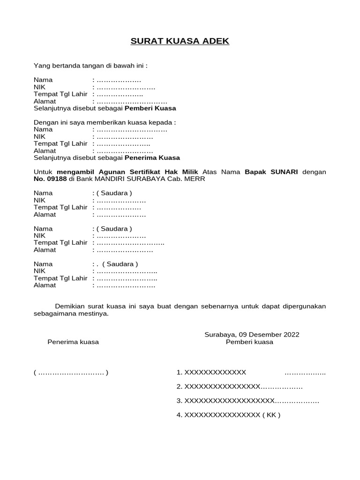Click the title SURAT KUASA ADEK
click(x=180, y=41)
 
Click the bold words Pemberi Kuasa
click(x=150, y=108)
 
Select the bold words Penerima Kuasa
click(x=152, y=158)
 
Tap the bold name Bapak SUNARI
click(x=271, y=172)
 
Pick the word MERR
click(x=196, y=179)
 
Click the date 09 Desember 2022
click(x=269, y=335)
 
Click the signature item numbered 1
click(x=211, y=373)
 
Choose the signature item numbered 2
click(x=218, y=387)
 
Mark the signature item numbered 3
click(x=225, y=401)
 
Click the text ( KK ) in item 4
click(x=271, y=415)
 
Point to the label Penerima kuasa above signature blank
click(x=73, y=342)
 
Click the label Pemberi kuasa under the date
click(x=249, y=342)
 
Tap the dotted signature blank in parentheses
click(x=71, y=373)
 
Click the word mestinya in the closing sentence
click(x=93, y=314)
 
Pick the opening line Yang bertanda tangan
click(x=94, y=66)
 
